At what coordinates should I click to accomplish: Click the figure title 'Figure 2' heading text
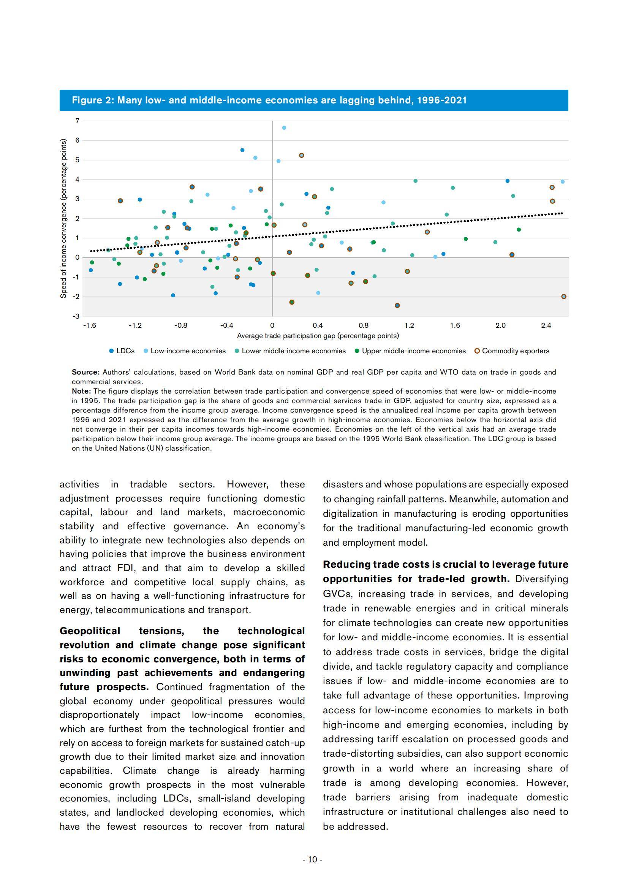[x=269, y=100]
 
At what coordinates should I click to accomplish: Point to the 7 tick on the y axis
[x=78, y=121]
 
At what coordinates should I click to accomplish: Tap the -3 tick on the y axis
[x=76, y=316]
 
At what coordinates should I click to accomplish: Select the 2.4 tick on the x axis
[x=546, y=325]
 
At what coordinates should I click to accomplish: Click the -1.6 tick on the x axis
[x=89, y=325]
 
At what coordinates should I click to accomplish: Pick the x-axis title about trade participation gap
[x=318, y=336]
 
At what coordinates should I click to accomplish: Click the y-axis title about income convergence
[x=63, y=218]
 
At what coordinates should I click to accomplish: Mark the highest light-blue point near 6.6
[x=284, y=128]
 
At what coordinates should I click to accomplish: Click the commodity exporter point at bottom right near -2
[x=563, y=297]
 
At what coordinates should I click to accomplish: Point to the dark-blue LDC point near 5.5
[x=242, y=150]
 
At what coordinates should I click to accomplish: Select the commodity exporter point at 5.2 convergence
[x=301, y=155]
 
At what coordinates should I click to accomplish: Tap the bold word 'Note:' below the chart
[x=81, y=391]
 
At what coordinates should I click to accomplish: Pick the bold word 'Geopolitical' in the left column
[x=90, y=631]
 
